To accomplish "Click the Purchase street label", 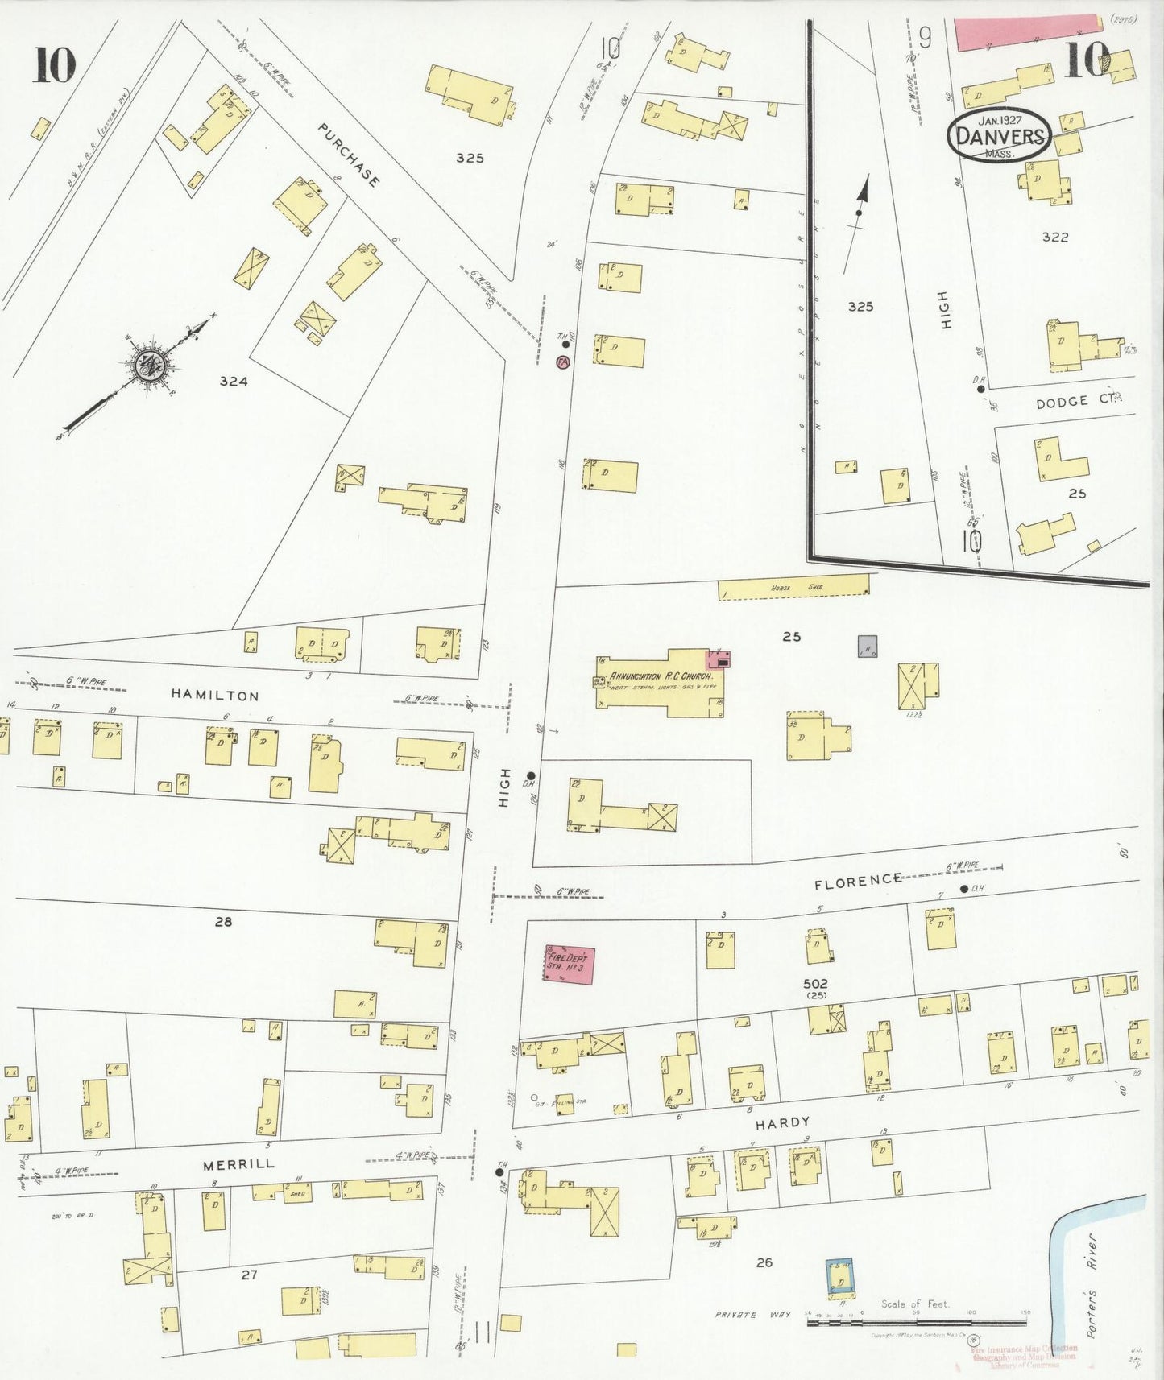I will pyautogui.click(x=348, y=155).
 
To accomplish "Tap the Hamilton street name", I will pyautogui.click(x=214, y=696).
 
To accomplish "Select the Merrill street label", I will pyautogui.click(x=238, y=1163).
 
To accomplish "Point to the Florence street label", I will pyautogui.click(x=857, y=881).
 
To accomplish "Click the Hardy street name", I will pyautogui.click(x=782, y=1122).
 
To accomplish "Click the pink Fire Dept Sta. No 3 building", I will pyautogui.click(x=569, y=965).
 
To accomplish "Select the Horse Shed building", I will pyautogui.click(x=793, y=588).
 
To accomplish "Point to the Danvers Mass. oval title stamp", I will pyautogui.click(x=1000, y=136).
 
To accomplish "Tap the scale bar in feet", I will pyautogui.click(x=917, y=1322).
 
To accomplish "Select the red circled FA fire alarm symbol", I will pyautogui.click(x=562, y=362).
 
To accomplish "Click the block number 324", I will pyautogui.click(x=233, y=382).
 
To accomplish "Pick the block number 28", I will pyautogui.click(x=223, y=921).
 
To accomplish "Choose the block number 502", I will pyautogui.click(x=815, y=983).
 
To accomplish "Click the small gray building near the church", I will pyautogui.click(x=868, y=646).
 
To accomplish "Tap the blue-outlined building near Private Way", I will pyautogui.click(x=841, y=1279).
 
